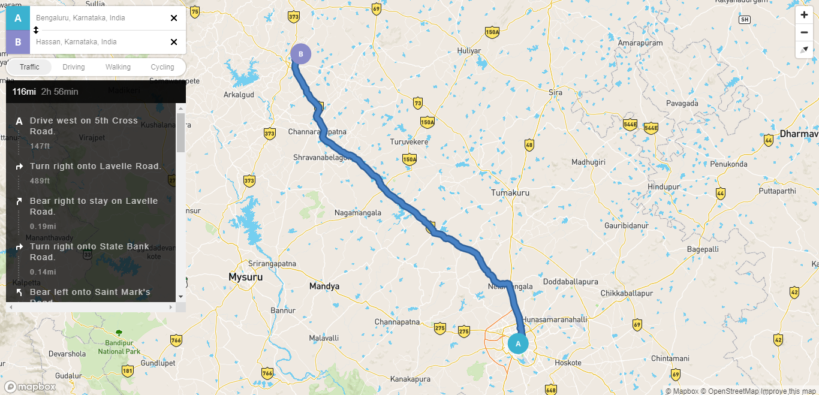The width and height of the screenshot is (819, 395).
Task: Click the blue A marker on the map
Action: coord(518,343)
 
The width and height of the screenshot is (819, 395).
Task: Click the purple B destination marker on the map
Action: coord(301,54)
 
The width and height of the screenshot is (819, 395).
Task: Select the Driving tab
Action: coord(74,67)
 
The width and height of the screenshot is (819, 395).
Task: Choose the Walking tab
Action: coord(118,67)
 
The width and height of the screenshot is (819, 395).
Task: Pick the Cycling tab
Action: coord(162,67)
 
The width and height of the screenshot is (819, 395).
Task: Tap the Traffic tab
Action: coord(29,67)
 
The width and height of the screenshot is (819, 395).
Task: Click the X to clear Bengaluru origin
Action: coord(174,18)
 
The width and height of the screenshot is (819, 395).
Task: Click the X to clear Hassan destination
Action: coord(174,42)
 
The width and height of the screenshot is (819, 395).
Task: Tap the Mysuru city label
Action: coord(246,278)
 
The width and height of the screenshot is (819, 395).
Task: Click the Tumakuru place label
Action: coord(510,193)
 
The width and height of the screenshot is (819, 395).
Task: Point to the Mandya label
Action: coord(324,287)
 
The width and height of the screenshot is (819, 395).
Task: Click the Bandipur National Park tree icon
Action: coord(119,332)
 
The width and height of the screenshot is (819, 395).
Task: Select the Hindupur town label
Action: coord(664,187)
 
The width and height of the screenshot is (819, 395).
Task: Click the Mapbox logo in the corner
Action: coord(30,387)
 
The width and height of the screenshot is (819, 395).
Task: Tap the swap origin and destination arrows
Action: coord(36,30)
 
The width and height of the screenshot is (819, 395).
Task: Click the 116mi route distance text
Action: coord(24,92)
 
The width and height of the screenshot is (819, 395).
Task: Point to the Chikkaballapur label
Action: coord(627,294)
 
